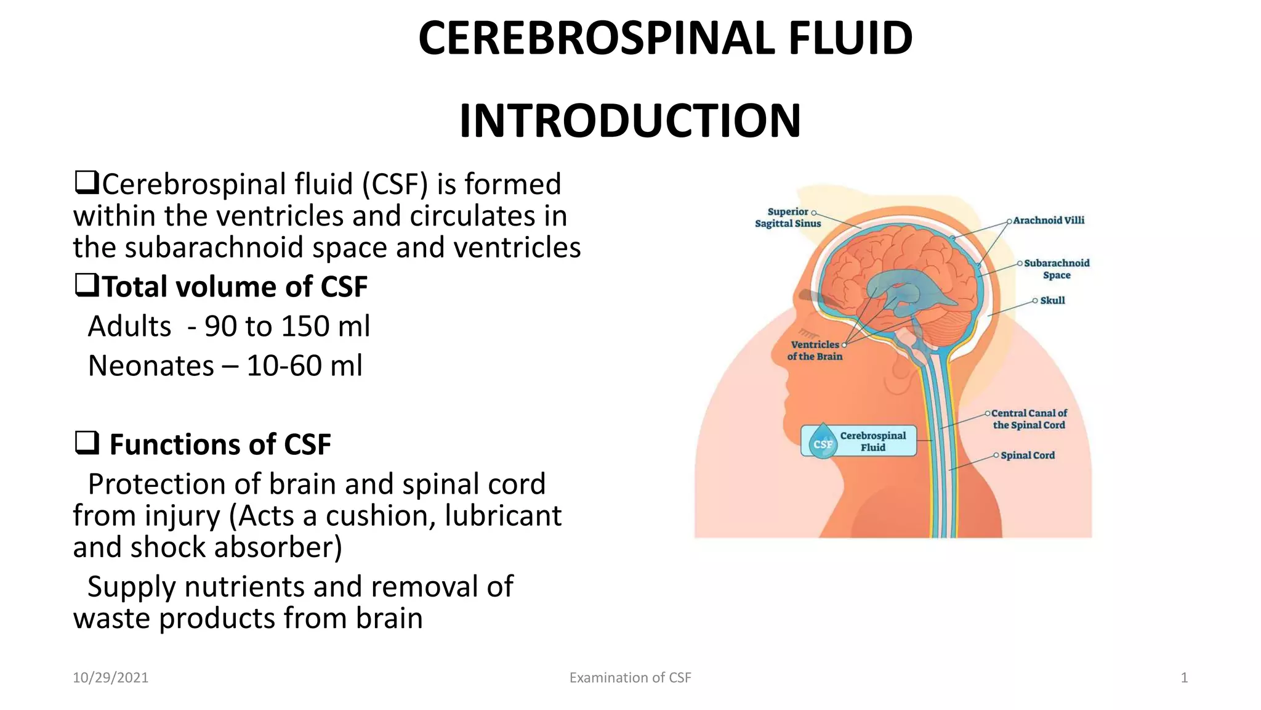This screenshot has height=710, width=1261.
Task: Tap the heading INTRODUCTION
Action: (x=630, y=121)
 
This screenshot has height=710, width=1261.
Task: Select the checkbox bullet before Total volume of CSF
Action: (x=86, y=285)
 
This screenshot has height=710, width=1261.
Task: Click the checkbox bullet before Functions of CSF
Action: (x=86, y=443)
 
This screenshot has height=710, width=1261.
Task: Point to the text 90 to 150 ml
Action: (x=288, y=326)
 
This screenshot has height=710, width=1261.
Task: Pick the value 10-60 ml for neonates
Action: (x=304, y=365)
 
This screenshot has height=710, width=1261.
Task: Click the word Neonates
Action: (x=151, y=365)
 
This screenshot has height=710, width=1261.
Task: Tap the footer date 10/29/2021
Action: (x=110, y=678)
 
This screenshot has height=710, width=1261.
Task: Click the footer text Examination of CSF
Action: (x=630, y=678)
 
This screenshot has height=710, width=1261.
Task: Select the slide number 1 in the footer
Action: (x=1184, y=678)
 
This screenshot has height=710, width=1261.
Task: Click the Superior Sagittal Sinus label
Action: (x=788, y=218)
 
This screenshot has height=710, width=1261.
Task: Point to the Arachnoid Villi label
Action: (x=1049, y=220)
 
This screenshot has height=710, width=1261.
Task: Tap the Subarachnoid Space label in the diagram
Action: (x=1057, y=269)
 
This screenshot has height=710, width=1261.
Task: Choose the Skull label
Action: (x=1052, y=301)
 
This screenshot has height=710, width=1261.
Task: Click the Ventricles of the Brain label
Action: (x=815, y=350)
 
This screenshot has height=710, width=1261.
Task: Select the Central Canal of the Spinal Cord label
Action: (x=1029, y=419)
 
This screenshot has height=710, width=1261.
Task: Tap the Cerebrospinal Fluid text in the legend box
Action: (x=873, y=441)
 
